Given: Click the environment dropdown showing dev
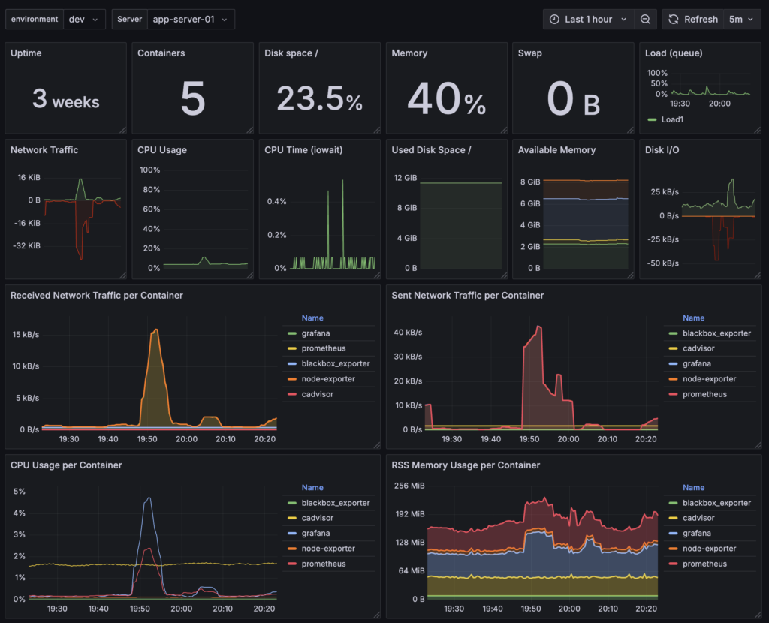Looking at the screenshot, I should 83,20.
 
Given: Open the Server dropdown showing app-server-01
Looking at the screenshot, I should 192,20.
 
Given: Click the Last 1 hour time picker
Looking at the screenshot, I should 589,20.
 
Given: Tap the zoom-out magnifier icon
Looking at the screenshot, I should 645,20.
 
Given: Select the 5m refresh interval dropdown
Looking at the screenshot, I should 743,20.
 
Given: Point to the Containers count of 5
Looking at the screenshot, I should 193,100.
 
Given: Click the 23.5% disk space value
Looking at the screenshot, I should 320,100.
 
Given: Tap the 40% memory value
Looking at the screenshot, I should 447,100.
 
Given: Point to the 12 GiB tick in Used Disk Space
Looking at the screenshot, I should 405,177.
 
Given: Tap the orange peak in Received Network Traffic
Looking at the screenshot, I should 155,330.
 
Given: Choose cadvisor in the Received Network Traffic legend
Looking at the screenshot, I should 318,394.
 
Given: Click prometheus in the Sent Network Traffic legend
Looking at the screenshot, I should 704,394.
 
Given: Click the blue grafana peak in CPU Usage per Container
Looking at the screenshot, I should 149,498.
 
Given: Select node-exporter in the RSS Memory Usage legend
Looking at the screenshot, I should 708,549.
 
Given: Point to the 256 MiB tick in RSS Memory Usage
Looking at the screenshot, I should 409,486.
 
